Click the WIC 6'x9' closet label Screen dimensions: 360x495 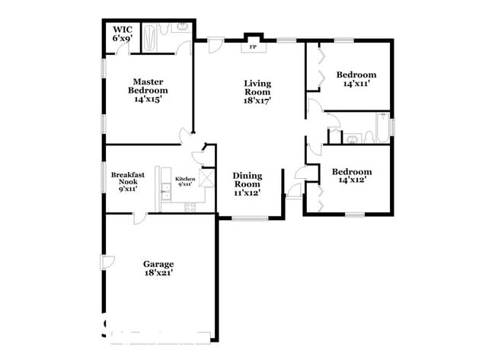pyautogui.click(x=123, y=34)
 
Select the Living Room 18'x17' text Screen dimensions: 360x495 pyautogui.click(x=258, y=91)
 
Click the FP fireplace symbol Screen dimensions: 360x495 pyautogui.click(x=252, y=46)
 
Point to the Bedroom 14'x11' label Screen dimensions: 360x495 pyautogui.click(x=356, y=79)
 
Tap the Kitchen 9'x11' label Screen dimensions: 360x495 pyautogui.click(x=186, y=181)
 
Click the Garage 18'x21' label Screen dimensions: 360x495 pyautogui.click(x=158, y=269)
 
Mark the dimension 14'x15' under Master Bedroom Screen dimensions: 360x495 pyautogui.click(x=148, y=100)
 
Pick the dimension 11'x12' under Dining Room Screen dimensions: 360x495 pyautogui.click(x=247, y=193)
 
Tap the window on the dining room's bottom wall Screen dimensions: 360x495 pyautogui.click(x=247, y=219)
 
